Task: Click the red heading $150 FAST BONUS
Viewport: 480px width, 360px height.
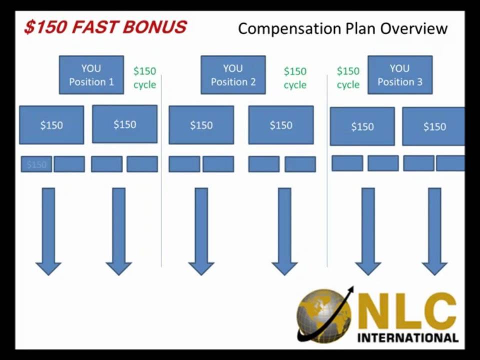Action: (105, 27)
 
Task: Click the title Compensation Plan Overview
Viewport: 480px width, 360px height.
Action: (342, 28)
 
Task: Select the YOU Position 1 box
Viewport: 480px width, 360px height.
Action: (91, 75)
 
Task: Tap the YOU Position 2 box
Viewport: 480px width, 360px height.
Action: (233, 75)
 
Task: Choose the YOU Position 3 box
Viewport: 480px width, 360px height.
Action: (399, 75)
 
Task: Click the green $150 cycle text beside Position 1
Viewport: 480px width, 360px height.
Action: (144, 78)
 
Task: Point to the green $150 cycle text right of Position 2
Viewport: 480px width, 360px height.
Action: (295, 78)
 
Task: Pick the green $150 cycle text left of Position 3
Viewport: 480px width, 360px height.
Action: (348, 78)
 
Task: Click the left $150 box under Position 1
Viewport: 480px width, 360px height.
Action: (51, 124)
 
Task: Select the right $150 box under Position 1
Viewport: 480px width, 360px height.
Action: (124, 124)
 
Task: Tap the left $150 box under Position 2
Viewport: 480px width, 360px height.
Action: (201, 125)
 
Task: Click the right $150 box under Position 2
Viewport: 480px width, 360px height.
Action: (281, 125)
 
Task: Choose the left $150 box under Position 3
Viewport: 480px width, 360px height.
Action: (362, 126)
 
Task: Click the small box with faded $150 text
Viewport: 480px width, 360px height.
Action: (36, 164)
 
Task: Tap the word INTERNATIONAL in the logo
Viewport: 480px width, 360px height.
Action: (407, 337)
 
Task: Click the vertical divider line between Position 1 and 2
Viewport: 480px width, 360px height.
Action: (161, 170)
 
